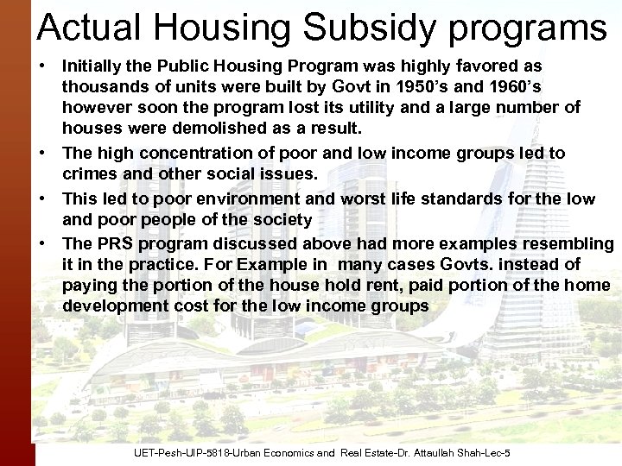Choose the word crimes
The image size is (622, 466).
click(90, 174)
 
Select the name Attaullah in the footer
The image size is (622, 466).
click(428, 454)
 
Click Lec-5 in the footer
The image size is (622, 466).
click(495, 454)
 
